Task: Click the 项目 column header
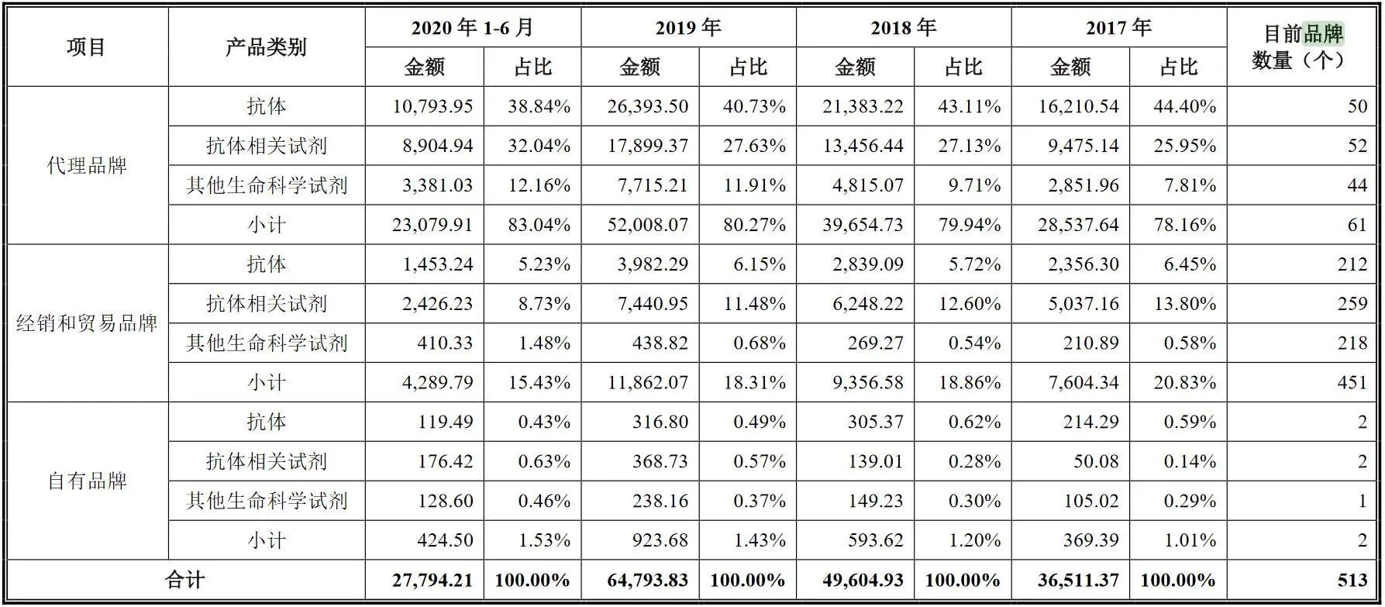(x=86, y=47)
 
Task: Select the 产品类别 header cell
(x=266, y=47)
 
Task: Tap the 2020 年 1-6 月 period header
(x=472, y=28)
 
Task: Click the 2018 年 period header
(x=903, y=28)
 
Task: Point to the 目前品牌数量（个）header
(x=1301, y=47)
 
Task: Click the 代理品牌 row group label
(x=87, y=166)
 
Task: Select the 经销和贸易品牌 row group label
(x=87, y=323)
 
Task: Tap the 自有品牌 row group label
(x=87, y=481)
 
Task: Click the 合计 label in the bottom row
(x=184, y=580)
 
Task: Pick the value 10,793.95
(x=432, y=106)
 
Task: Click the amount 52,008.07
(x=648, y=225)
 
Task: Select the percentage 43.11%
(x=969, y=106)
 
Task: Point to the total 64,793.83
(x=648, y=580)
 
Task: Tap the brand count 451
(x=1352, y=383)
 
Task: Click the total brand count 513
(x=1352, y=580)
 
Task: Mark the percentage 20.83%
(x=1184, y=383)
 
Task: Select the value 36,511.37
(x=1078, y=580)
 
